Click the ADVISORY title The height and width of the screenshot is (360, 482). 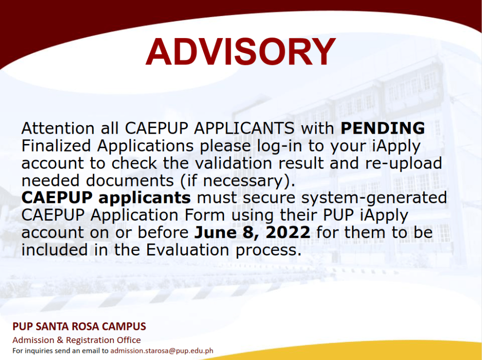pyautogui.click(x=241, y=51)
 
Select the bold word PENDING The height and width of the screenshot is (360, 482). pyautogui.click(x=383, y=128)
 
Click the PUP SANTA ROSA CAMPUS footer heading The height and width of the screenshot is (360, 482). pyautogui.click(x=79, y=327)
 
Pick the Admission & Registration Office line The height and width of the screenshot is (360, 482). pyautogui.click(x=76, y=340)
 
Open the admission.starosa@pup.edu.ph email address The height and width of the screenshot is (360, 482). pyautogui.click(x=162, y=351)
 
